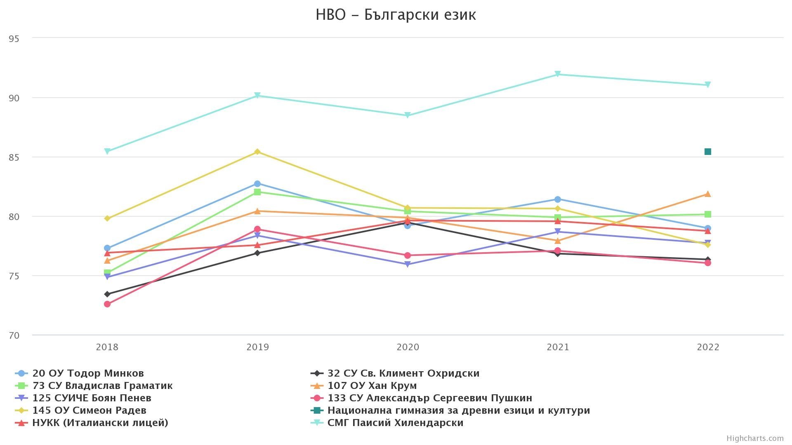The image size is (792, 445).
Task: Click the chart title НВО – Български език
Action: click(x=396, y=15)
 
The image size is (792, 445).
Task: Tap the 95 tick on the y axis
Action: click(x=14, y=39)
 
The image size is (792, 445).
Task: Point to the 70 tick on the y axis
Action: click(x=14, y=336)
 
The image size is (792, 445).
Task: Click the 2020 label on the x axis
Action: click(x=408, y=347)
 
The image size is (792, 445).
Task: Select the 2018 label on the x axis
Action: click(x=107, y=347)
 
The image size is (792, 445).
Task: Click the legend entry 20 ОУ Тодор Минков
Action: click(x=88, y=373)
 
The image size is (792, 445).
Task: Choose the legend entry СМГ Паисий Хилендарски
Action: click(x=395, y=423)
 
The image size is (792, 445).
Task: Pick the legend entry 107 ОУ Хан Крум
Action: click(x=372, y=386)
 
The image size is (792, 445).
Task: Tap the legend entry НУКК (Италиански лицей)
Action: click(x=100, y=423)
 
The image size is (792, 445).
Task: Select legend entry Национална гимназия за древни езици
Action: click(x=458, y=410)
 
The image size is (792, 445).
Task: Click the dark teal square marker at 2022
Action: click(x=708, y=152)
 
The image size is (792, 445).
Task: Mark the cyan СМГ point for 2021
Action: click(x=558, y=74)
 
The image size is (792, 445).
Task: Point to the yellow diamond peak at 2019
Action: click(x=257, y=152)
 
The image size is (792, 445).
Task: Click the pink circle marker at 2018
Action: click(x=107, y=304)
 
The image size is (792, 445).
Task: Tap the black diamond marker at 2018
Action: click(x=107, y=294)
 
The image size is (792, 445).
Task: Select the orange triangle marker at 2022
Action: click(x=708, y=194)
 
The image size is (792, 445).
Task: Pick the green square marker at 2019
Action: click(x=257, y=192)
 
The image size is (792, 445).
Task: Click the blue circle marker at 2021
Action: click(x=558, y=199)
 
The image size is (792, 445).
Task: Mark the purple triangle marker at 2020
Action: click(x=408, y=265)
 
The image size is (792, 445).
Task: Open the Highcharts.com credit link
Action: click(x=755, y=438)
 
